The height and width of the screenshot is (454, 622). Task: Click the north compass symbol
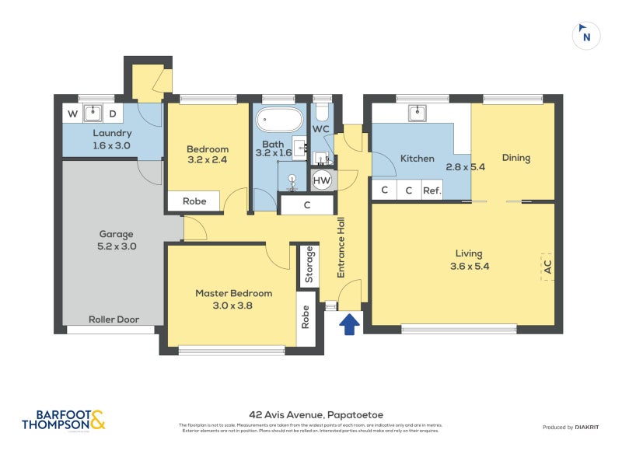[x=586, y=35]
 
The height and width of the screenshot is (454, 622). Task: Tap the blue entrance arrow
[x=349, y=323]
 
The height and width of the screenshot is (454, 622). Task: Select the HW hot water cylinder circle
[x=321, y=181]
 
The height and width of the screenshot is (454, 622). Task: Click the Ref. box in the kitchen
[x=432, y=190]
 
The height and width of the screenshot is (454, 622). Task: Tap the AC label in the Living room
[x=547, y=267]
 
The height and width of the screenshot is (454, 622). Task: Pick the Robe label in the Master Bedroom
[x=305, y=317]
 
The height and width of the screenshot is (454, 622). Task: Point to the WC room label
[x=321, y=128]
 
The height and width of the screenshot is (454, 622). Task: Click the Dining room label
[x=515, y=158]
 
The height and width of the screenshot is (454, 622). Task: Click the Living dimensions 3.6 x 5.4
[x=469, y=267]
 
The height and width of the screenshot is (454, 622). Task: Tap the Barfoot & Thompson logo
[x=63, y=421]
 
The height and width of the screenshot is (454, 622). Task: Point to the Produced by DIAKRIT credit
[x=575, y=428]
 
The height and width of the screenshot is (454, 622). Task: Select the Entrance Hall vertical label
[x=341, y=248]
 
